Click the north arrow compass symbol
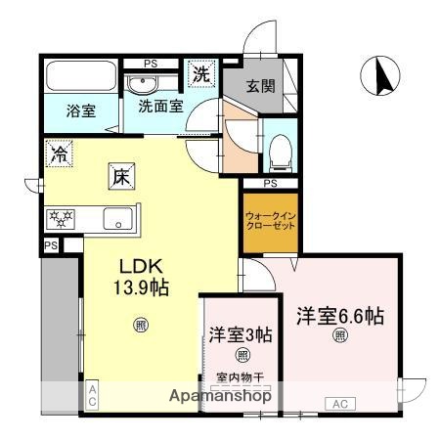pos(381,74)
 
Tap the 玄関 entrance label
pos(259,86)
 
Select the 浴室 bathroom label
pos(80,110)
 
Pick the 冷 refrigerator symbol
pos(60,153)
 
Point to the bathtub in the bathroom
pos(80,75)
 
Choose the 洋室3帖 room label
pos(240,332)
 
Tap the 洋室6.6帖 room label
pos(339,316)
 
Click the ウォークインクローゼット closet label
pos(268,221)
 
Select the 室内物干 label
pos(240,375)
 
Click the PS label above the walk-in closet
pos(270,184)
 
